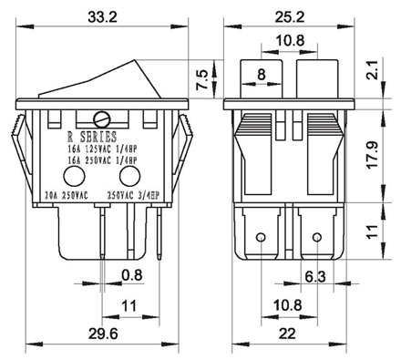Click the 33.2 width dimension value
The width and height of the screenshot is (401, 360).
point(102,17)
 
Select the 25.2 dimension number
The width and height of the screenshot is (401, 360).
point(290,17)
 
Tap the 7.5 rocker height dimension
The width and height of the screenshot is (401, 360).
point(202,79)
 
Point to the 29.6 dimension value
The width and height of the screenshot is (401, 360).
point(103,334)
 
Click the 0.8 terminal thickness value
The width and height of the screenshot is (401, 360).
point(132,275)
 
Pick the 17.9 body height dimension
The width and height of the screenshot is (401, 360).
point(373,154)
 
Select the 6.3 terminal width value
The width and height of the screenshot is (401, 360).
point(315,277)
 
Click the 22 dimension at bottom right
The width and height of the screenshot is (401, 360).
point(287,334)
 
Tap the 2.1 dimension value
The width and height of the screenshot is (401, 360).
point(373,70)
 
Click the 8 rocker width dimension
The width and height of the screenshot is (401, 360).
point(262,74)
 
